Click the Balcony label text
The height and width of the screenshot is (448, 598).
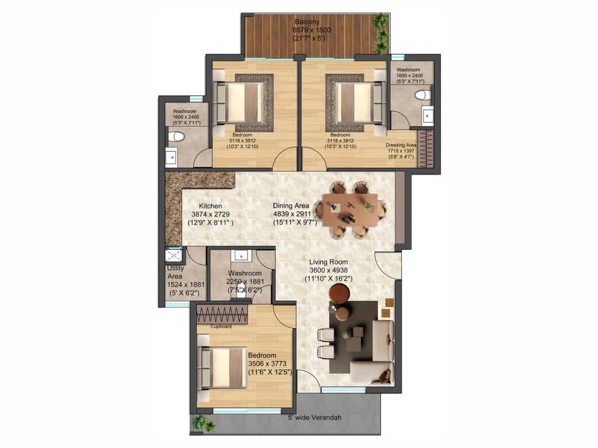[x=307, y=22]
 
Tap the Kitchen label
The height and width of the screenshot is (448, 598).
[x=210, y=206]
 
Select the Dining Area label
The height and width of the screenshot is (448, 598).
[x=291, y=206]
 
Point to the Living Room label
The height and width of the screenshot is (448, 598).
[x=328, y=262]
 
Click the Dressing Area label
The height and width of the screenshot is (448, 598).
[x=401, y=145]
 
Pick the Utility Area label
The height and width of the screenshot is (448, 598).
[x=175, y=272]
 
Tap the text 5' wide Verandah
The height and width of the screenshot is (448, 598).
[x=315, y=417]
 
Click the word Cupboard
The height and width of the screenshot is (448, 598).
[x=221, y=327]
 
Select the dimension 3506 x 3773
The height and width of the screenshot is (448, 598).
[x=267, y=363]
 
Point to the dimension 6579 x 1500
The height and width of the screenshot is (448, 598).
[x=312, y=30]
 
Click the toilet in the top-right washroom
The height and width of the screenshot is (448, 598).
[x=422, y=95]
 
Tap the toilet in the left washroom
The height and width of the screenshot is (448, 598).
[x=176, y=136]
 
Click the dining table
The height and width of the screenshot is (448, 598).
[x=350, y=209]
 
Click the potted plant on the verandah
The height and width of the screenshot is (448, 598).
[x=202, y=423]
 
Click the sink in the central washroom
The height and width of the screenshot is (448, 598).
[x=241, y=256]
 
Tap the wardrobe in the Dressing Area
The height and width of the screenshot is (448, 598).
[x=426, y=149]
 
